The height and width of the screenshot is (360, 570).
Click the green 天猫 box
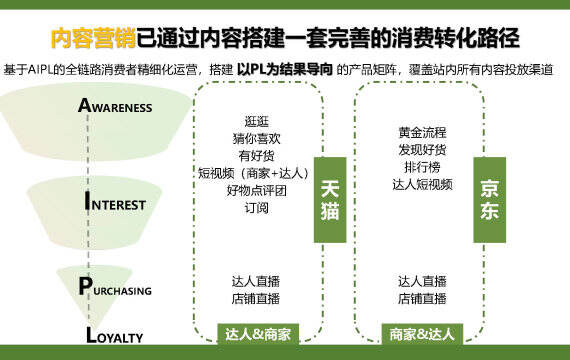[x=330, y=200]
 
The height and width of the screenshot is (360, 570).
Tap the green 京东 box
[x=489, y=200]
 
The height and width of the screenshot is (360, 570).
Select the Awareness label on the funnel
[x=115, y=106]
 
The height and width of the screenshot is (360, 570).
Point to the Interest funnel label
[x=115, y=201]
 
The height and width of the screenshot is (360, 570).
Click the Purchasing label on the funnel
[x=115, y=287]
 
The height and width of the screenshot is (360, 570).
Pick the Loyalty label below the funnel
[x=115, y=335]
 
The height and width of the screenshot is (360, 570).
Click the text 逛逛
[x=256, y=121]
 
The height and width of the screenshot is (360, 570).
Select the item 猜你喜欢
[x=256, y=139]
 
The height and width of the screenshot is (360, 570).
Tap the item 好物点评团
[x=256, y=191]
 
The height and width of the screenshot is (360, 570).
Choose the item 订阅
[x=256, y=208]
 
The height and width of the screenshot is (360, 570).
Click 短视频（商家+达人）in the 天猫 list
[x=254, y=173]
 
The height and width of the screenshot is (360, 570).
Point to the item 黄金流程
[x=422, y=132]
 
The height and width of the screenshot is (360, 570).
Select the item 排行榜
[x=422, y=167]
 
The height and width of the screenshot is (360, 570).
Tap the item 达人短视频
[x=422, y=184]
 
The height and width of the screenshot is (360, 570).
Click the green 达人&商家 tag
[x=258, y=334]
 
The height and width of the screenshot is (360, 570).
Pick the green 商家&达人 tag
[x=422, y=334]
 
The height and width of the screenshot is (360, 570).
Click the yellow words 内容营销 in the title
[x=93, y=37]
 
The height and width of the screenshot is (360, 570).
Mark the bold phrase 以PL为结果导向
[x=285, y=69]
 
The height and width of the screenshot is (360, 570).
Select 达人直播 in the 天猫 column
[x=256, y=281]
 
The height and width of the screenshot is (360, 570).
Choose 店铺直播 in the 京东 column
[x=422, y=299]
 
